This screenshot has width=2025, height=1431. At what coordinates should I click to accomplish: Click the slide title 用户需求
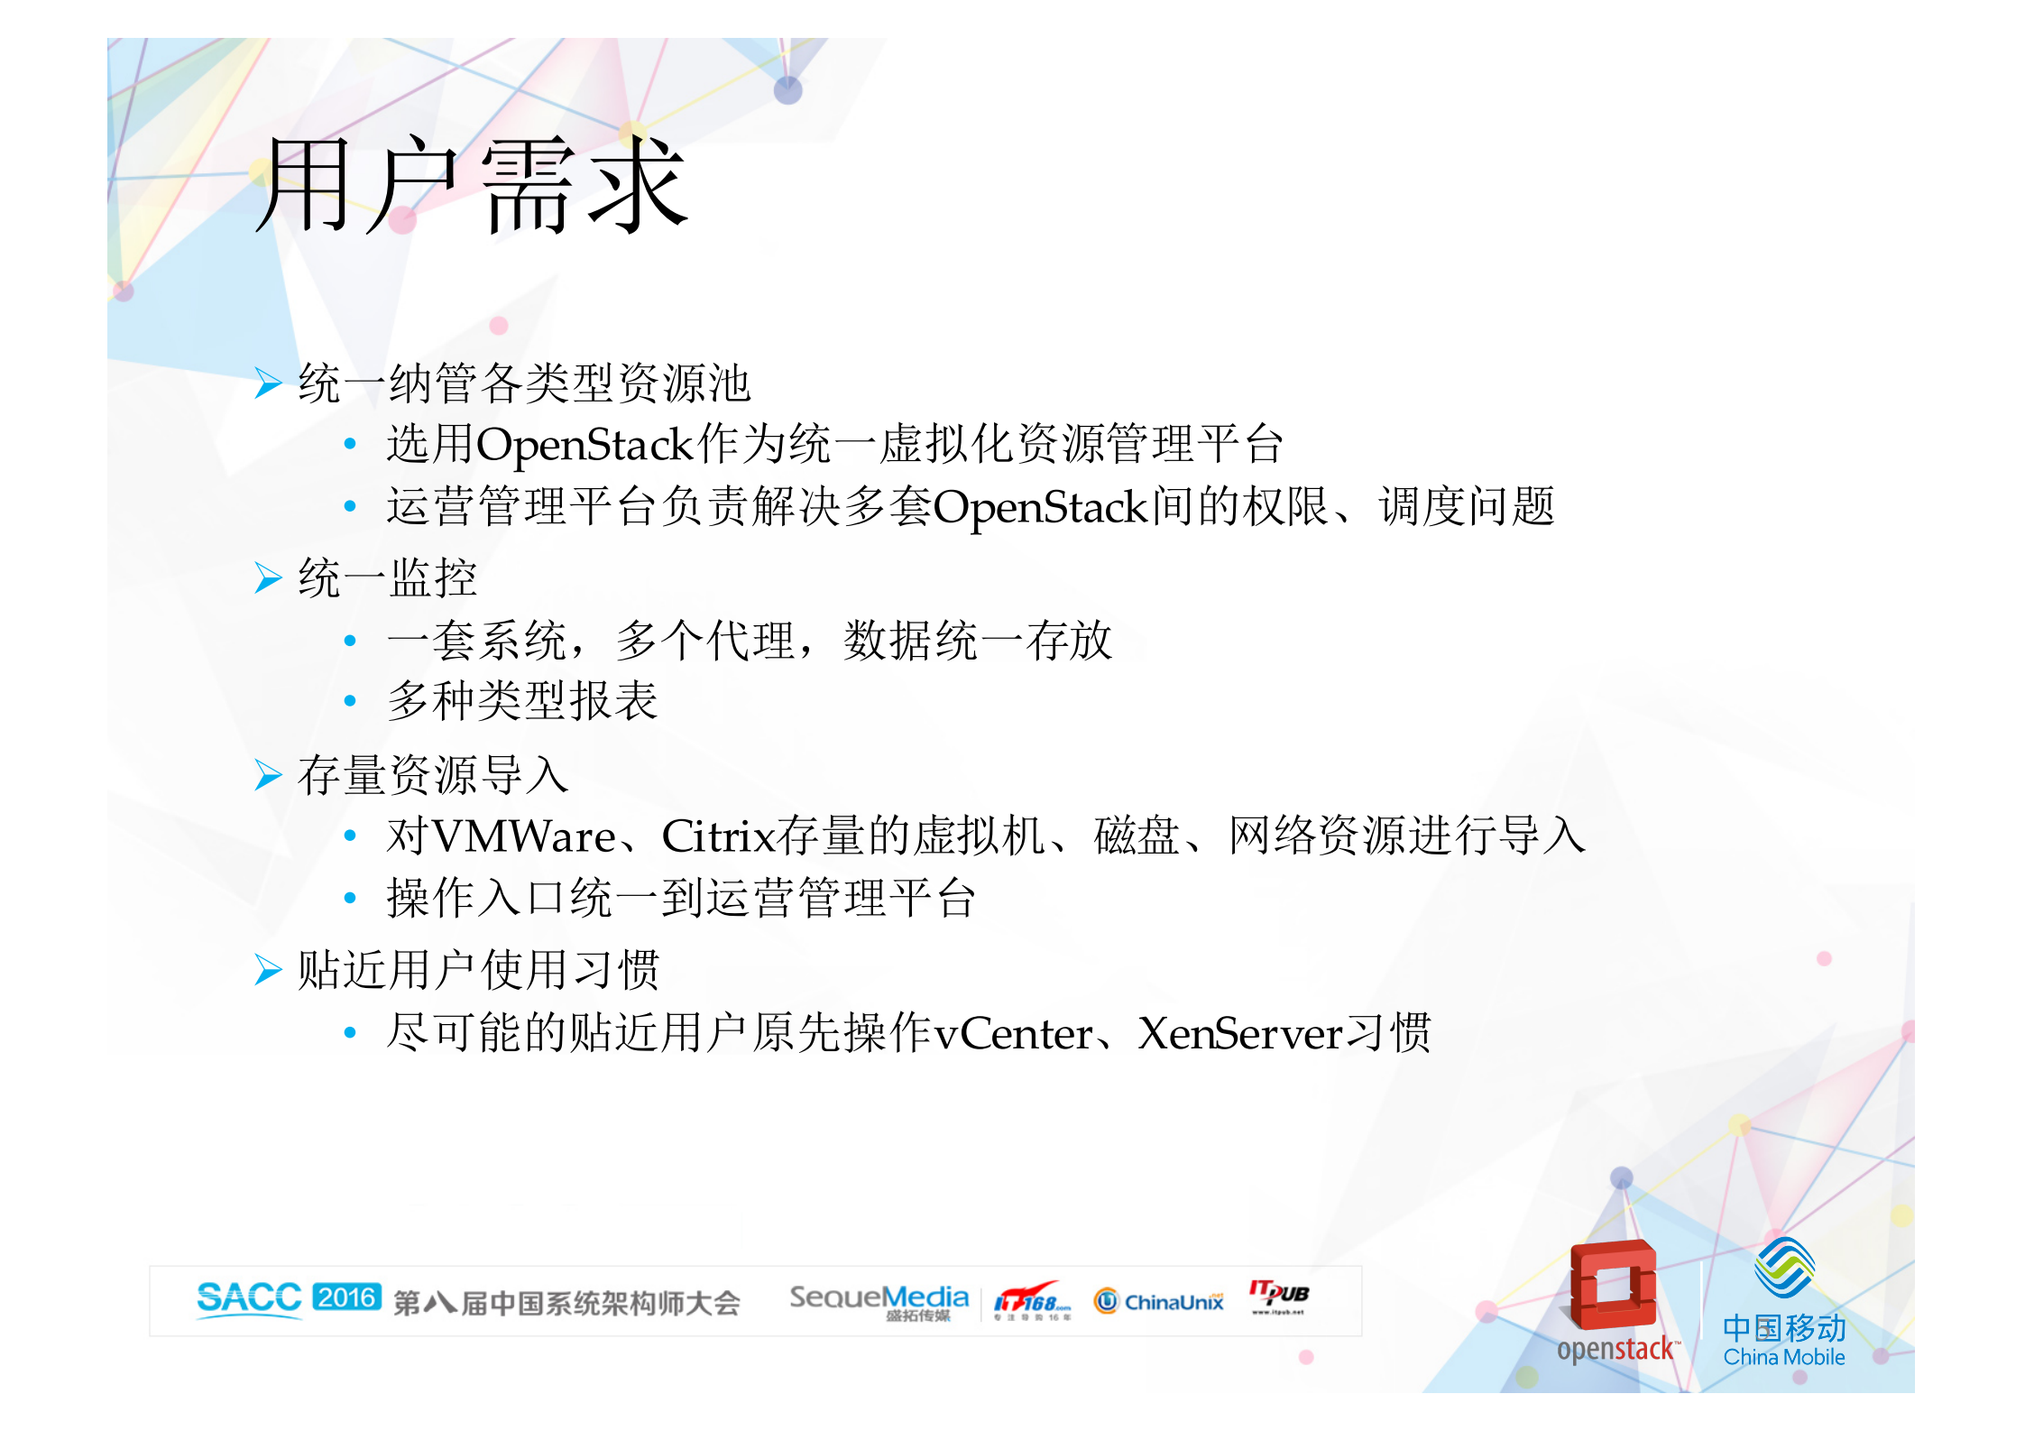pos(472,185)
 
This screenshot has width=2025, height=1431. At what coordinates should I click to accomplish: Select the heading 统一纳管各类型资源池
pos(524,383)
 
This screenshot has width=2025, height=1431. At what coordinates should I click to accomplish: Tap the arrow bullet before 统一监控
pos(268,578)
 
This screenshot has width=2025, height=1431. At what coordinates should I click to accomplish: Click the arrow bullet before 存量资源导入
pos(268,775)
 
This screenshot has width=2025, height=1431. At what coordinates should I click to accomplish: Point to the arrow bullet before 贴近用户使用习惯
pos(268,970)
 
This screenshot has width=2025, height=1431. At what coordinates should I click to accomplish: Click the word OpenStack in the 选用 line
pos(584,445)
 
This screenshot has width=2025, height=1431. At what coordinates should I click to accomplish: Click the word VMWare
pos(524,836)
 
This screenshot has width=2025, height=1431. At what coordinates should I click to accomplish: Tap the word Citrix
pos(719,836)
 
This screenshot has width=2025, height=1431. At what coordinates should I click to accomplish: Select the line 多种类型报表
pos(522,701)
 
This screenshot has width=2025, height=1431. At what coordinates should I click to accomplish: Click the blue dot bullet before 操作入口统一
pos(350,898)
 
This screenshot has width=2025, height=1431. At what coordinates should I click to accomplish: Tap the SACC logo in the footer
pos(249,1298)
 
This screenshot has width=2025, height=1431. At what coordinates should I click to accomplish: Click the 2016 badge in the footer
pos(346,1297)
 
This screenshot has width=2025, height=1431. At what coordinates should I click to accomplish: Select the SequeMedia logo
pos(879,1300)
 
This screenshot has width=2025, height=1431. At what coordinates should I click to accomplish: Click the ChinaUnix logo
pos(1159,1301)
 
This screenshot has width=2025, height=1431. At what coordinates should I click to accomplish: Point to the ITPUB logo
pos(1278,1296)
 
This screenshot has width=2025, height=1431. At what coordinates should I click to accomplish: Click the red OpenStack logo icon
pos(1613,1285)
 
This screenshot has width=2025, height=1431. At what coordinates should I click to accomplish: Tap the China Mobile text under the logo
pos(1783,1357)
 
